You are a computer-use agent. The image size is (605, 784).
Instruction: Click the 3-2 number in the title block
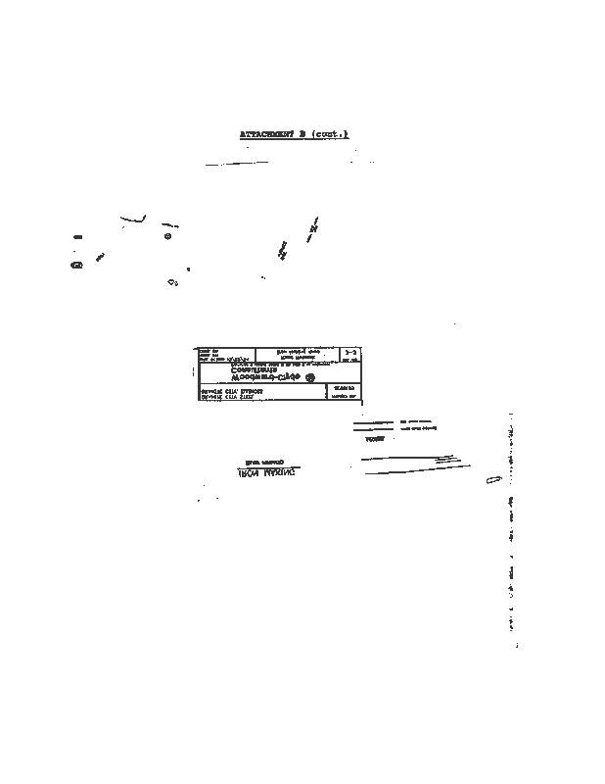pyautogui.click(x=351, y=351)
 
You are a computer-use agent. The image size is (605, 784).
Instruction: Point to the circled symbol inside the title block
pyautogui.click(x=312, y=377)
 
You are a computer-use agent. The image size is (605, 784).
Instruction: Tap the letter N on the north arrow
pyautogui.click(x=313, y=229)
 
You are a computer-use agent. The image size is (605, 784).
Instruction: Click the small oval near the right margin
pyautogui.click(x=492, y=483)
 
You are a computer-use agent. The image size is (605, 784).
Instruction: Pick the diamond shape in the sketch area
pyautogui.click(x=172, y=283)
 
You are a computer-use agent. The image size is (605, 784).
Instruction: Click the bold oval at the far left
pyautogui.click(x=75, y=264)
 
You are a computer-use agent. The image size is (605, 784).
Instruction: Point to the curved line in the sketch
pyautogui.click(x=134, y=219)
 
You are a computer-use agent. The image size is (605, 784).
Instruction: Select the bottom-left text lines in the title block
pyautogui.click(x=232, y=394)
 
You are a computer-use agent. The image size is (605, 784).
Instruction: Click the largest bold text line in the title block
pyautogui.click(x=256, y=376)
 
